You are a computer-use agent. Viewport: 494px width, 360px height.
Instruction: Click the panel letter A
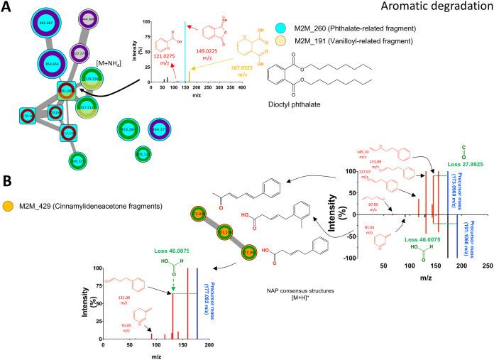tap(6, 6)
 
